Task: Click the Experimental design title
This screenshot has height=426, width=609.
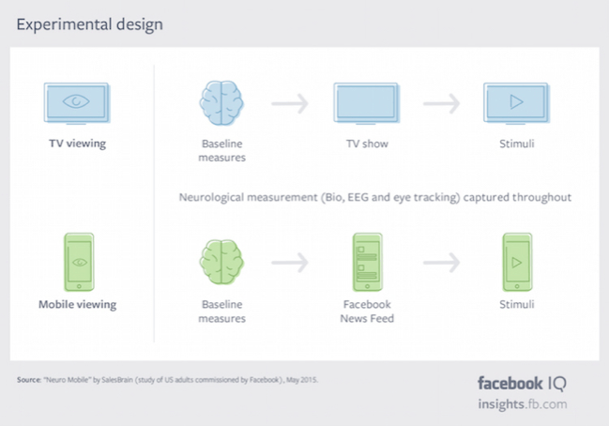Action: point(90,24)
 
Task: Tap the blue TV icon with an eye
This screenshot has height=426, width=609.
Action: point(77,103)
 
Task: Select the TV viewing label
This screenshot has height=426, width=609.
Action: point(78,144)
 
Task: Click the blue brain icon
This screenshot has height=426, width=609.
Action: point(221,103)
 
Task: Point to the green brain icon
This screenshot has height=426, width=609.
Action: point(221,262)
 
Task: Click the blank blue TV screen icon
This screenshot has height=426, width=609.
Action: point(367,103)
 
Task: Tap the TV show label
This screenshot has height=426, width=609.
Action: point(367,144)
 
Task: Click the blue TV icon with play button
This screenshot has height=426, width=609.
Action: point(516,103)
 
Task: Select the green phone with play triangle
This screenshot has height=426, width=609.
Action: point(517,262)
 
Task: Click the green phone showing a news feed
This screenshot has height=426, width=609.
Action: point(368,262)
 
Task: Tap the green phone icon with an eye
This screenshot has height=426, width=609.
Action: point(79,262)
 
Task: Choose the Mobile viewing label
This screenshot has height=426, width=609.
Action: point(77,304)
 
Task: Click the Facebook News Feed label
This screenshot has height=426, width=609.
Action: point(367,312)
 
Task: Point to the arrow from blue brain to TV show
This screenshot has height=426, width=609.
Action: point(290,103)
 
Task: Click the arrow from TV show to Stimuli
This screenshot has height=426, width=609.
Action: point(442,103)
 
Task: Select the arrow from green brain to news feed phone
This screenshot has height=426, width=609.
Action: point(290,263)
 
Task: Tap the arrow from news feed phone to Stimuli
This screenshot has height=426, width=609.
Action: point(442,263)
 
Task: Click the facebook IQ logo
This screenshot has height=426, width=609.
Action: point(522,384)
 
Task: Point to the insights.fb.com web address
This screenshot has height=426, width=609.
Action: point(523,403)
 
